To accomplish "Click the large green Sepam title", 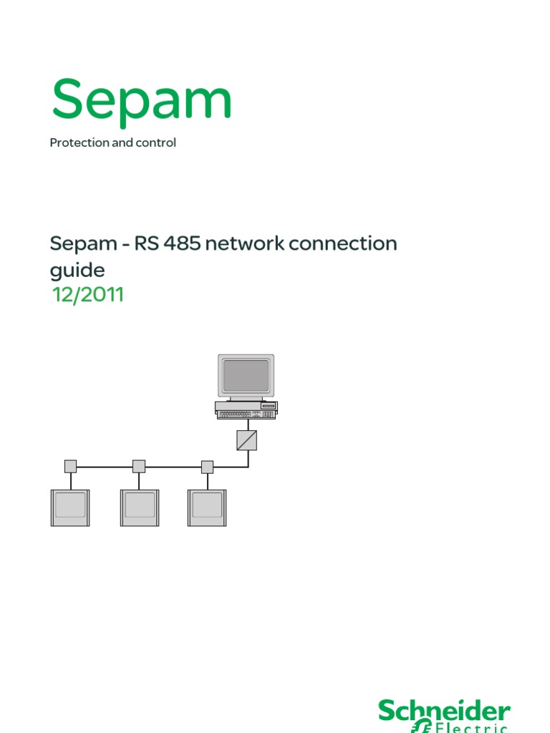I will (141, 100).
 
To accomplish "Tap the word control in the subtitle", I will (158, 142).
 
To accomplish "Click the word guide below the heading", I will (77, 271).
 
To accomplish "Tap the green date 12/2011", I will (88, 294).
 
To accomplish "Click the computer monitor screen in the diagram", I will (246, 375).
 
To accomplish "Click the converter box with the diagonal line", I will (246, 440).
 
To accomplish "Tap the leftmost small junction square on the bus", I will (70, 466).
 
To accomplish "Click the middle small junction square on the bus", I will (139, 466).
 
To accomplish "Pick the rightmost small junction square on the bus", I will (208, 467).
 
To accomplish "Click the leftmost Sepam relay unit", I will (69, 508).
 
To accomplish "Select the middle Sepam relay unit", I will (139, 508).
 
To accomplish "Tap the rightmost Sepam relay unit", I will (207, 508).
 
